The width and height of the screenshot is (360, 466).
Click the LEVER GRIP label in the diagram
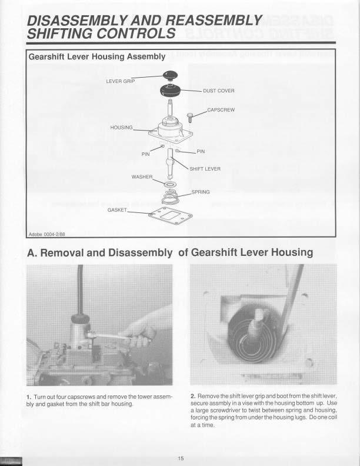coord(120,81)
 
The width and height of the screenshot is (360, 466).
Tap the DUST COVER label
coord(218,91)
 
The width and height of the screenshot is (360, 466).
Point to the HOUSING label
coord(122,127)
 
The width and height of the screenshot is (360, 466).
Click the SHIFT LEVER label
coord(205,168)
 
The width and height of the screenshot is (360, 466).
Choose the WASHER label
coord(142,177)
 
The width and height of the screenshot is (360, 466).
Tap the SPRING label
coord(201,192)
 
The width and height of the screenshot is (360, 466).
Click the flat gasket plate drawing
coord(171,215)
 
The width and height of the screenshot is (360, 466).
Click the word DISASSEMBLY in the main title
coord(79,20)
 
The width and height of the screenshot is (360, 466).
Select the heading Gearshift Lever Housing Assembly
coord(97,57)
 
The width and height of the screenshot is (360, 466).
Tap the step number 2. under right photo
coord(194,395)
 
